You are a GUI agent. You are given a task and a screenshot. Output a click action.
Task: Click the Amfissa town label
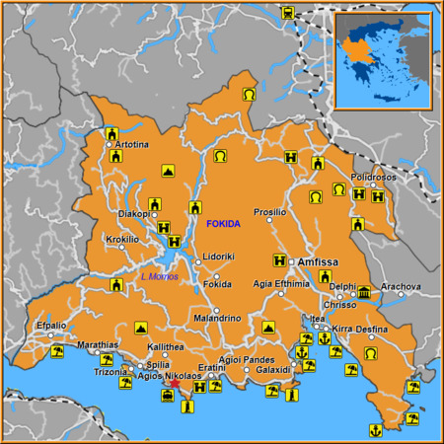pos(319,262)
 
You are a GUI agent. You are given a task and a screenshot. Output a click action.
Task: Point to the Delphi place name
pos(341,287)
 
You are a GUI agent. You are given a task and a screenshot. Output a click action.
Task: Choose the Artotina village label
pos(132,145)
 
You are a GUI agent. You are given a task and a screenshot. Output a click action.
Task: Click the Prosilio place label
pos(269,212)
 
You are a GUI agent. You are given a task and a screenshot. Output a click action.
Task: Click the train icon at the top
pos(287,13)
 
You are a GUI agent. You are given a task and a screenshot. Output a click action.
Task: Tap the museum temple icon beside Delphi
pos(365,292)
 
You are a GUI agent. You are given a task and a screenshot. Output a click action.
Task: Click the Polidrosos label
pos(373,176)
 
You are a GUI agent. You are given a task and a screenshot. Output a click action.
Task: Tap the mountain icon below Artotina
pos(168,171)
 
